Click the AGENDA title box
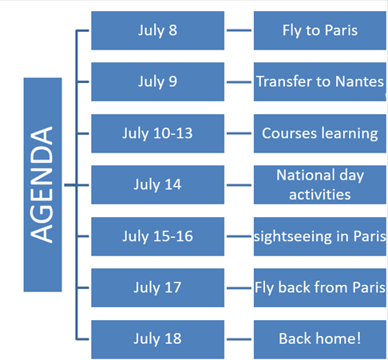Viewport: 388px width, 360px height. (42, 184)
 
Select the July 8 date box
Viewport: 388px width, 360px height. (157, 30)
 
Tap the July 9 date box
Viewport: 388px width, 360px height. (157, 81)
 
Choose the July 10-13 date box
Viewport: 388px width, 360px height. (157, 133)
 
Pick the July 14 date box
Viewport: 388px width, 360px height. (157, 184)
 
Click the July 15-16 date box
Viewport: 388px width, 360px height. (157, 236)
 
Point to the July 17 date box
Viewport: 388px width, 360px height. (157, 287)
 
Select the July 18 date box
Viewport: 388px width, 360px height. (157, 339)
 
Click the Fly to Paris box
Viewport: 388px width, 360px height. (320, 30)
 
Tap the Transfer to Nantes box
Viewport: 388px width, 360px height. (320, 81)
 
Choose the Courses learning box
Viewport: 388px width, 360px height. (320, 133)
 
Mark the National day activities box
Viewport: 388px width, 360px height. (320, 184)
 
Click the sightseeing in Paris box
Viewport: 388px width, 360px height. (320, 236)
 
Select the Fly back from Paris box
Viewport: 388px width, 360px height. (320, 287)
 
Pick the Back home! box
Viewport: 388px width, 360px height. (320, 339)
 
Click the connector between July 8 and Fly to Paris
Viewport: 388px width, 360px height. (239, 30)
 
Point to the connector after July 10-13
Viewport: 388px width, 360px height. (239, 133)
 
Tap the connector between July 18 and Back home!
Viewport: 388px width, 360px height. (239, 339)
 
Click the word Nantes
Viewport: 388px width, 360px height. (359, 81)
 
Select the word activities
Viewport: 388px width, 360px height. (320, 195)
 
